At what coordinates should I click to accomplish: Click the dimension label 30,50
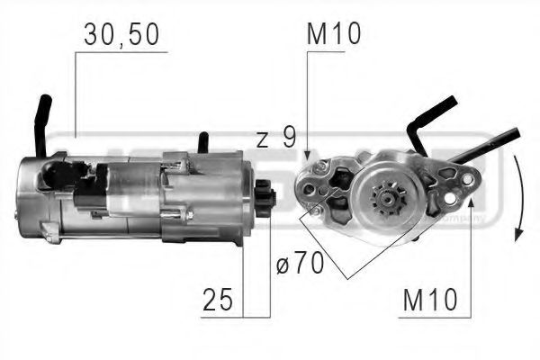coord(121,35)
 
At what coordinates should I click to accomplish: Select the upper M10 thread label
coord(333,35)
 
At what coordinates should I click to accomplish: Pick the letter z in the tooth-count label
coord(262,139)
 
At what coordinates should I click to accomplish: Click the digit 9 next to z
coord(289,139)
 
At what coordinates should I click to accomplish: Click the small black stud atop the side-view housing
coord(204,142)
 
